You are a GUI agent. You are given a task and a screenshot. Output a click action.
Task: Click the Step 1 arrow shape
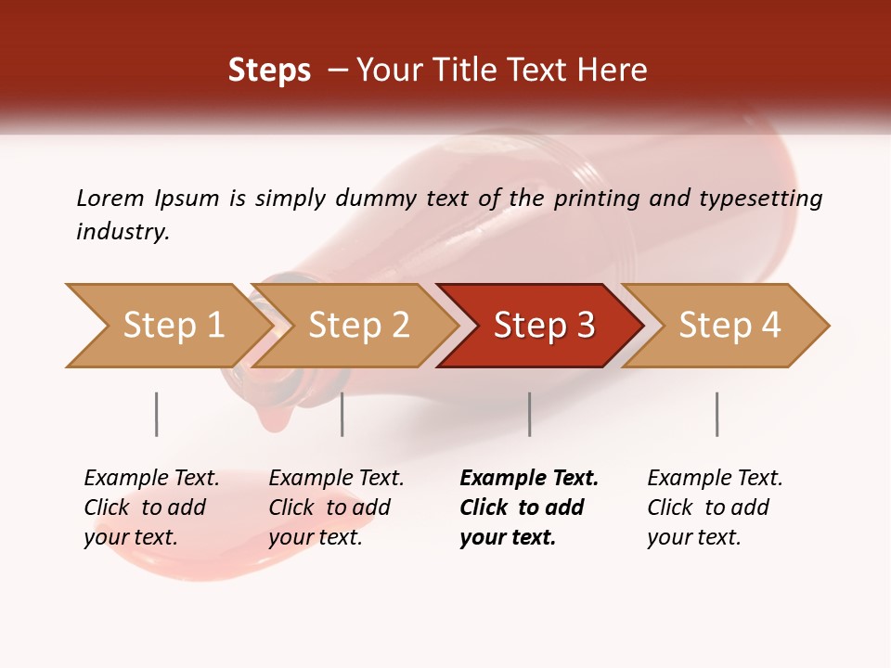pyautogui.click(x=172, y=326)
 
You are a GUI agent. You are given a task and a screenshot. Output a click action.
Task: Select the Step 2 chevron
pyautogui.click(x=358, y=326)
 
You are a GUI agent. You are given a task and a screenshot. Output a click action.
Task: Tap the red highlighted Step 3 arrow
pyautogui.click(x=543, y=326)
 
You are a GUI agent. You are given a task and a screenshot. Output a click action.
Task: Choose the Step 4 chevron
pyautogui.click(x=729, y=326)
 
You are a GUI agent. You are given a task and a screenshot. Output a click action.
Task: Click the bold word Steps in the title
pyautogui.click(x=269, y=71)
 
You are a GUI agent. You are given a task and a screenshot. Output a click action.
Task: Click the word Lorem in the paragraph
pyautogui.click(x=110, y=198)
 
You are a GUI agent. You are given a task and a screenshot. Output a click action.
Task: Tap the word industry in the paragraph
pyautogui.click(x=122, y=232)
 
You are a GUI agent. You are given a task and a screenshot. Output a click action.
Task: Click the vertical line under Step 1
pyautogui.click(x=156, y=414)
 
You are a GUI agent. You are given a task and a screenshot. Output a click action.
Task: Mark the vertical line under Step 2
pyautogui.click(x=342, y=414)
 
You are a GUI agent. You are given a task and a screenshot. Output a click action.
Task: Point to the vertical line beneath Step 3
pyautogui.click(x=529, y=414)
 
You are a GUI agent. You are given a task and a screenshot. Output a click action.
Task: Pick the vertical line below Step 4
pyautogui.click(x=717, y=414)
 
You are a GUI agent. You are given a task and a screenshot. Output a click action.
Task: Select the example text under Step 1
pyautogui.click(x=150, y=507)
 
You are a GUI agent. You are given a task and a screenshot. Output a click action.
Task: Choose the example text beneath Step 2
pyautogui.click(x=335, y=507)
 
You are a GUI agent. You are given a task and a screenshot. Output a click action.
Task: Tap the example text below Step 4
pyautogui.click(x=714, y=507)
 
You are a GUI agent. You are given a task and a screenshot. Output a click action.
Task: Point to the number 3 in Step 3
pyautogui.click(x=585, y=326)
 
